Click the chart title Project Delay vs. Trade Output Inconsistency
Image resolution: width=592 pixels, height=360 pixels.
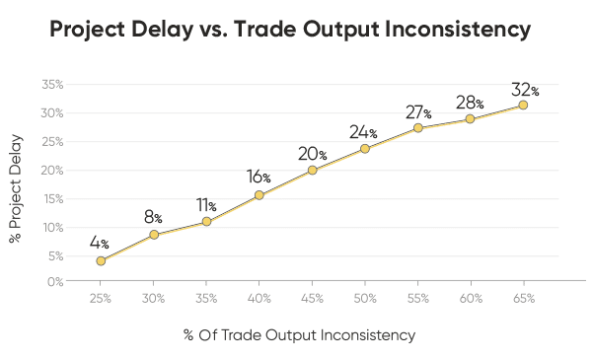point(290,31)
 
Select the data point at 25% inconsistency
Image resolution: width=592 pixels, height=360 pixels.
point(101,260)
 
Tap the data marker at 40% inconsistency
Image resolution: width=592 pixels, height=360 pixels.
point(259,195)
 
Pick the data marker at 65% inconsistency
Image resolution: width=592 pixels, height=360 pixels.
point(523,105)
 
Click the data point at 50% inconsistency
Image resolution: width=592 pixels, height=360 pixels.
point(365,149)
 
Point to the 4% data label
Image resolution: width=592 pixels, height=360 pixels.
point(99,243)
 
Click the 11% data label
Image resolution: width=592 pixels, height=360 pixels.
point(206,205)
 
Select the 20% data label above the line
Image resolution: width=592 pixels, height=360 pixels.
point(312,153)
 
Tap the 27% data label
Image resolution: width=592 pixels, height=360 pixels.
point(418,111)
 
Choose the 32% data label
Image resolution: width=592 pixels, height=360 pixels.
point(525,87)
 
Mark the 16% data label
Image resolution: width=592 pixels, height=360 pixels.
point(259,178)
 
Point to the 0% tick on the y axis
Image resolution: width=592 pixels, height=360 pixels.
point(55,282)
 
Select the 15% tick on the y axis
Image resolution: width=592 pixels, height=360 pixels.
point(53,198)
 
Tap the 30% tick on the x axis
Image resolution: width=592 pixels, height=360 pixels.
point(153,298)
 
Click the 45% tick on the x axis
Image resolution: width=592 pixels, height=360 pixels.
point(312,298)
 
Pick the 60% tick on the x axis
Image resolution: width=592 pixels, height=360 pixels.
point(471,298)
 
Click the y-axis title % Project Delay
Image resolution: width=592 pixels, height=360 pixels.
point(16,183)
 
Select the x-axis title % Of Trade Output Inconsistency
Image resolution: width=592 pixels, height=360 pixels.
point(299,335)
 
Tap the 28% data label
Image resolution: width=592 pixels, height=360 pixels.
point(470,103)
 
